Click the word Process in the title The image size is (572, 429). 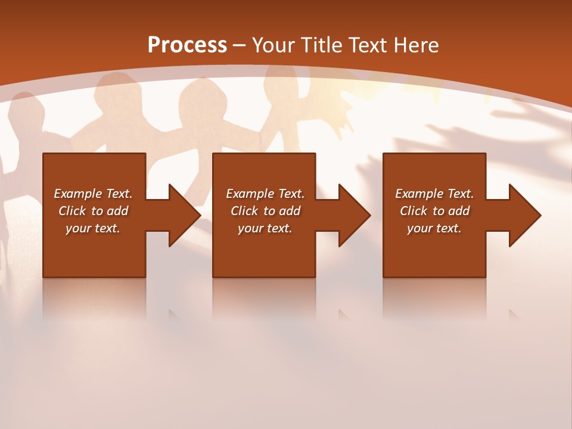(x=187, y=45)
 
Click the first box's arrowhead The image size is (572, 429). (x=182, y=215)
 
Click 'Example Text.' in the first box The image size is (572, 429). (x=93, y=194)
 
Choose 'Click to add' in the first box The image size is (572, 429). (x=93, y=211)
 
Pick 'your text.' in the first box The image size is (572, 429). (x=93, y=228)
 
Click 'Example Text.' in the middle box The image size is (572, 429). (x=265, y=194)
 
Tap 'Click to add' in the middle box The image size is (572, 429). (x=265, y=211)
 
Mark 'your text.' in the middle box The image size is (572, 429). (x=265, y=228)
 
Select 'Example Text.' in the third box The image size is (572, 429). (x=434, y=194)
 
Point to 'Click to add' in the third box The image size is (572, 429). (x=434, y=211)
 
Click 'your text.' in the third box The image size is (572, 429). (x=434, y=228)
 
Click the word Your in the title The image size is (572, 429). (x=273, y=45)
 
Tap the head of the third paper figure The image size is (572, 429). (x=199, y=95)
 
